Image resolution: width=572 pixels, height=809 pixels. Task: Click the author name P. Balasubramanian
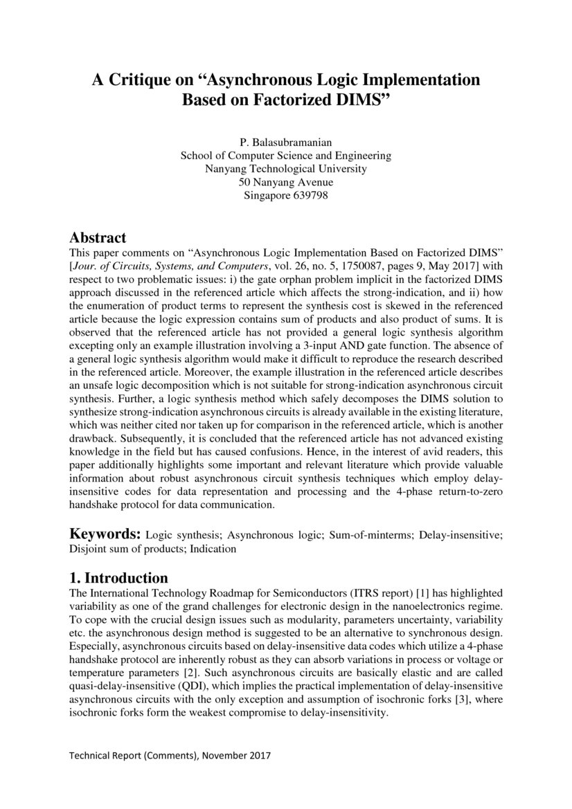pyautogui.click(x=285, y=143)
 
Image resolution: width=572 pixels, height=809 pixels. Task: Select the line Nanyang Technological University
pyautogui.click(x=285, y=169)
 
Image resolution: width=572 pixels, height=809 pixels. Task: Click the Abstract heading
pyautogui.click(x=98, y=238)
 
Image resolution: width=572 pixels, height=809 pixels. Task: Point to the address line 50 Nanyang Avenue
pyautogui.click(x=285, y=182)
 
